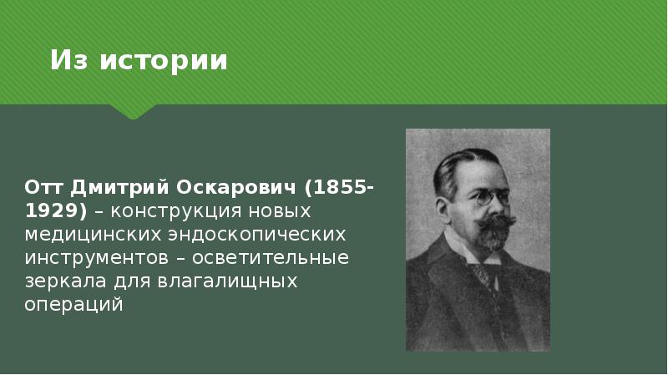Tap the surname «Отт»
click(42, 185)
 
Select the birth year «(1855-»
click(340, 185)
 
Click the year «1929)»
click(55, 210)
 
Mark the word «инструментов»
click(91, 257)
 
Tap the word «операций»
click(73, 305)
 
